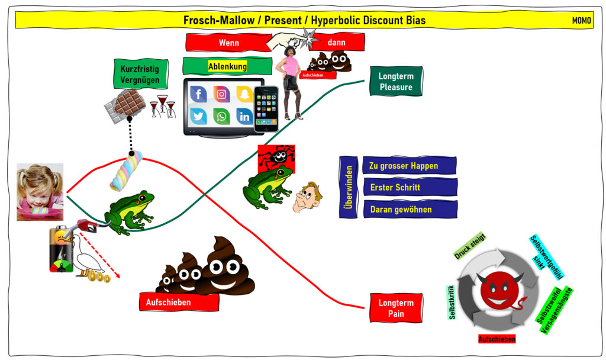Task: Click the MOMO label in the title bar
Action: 581,20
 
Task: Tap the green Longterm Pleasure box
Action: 396,82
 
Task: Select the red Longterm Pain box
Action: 396,308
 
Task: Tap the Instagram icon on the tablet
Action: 221,94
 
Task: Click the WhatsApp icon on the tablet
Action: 221,116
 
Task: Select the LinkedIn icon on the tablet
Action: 244,116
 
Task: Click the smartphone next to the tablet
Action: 266,109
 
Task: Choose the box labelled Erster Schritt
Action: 410,187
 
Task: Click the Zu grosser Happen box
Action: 410,166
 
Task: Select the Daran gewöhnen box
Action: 410,209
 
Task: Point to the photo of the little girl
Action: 40,192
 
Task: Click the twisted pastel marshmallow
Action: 126,171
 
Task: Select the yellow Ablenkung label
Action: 227,66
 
